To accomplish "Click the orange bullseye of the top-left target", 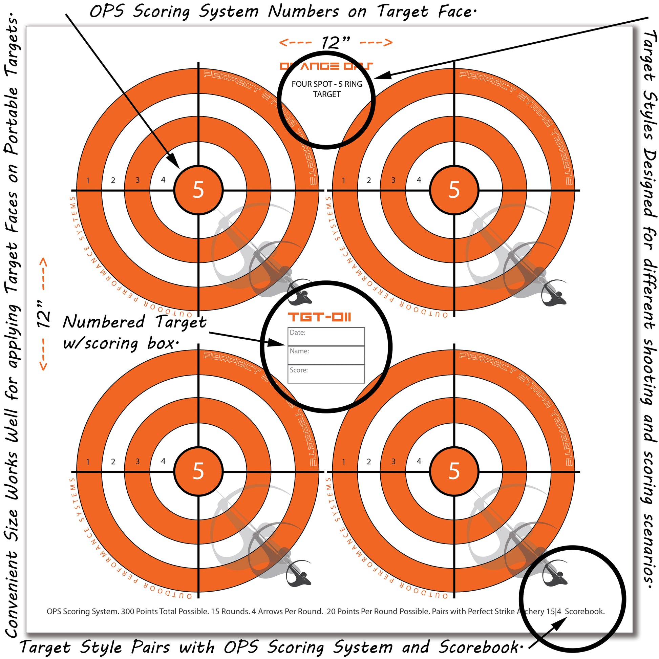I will pyautogui.click(x=198, y=190).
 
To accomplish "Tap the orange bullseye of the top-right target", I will pyautogui.click(x=454, y=190).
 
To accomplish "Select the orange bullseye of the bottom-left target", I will pyautogui.click(x=198, y=471).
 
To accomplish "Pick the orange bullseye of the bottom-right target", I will pyautogui.click(x=454, y=471).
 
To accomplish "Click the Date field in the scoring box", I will pyautogui.click(x=326, y=337).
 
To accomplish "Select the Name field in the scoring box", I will pyautogui.click(x=326, y=356).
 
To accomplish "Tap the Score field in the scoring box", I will pyautogui.click(x=326, y=374).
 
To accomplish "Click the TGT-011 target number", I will pyautogui.click(x=319, y=317).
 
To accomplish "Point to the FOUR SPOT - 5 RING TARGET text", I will pyautogui.click(x=327, y=89).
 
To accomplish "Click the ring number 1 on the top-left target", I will pyautogui.click(x=88, y=180).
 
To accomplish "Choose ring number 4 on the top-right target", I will pyautogui.click(x=419, y=180).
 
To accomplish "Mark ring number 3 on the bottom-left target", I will pyautogui.click(x=137, y=462).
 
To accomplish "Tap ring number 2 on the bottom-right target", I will pyautogui.click(x=369, y=462).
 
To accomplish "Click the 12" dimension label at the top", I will pyautogui.click(x=336, y=43).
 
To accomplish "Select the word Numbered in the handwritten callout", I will pyautogui.click(x=104, y=322).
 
